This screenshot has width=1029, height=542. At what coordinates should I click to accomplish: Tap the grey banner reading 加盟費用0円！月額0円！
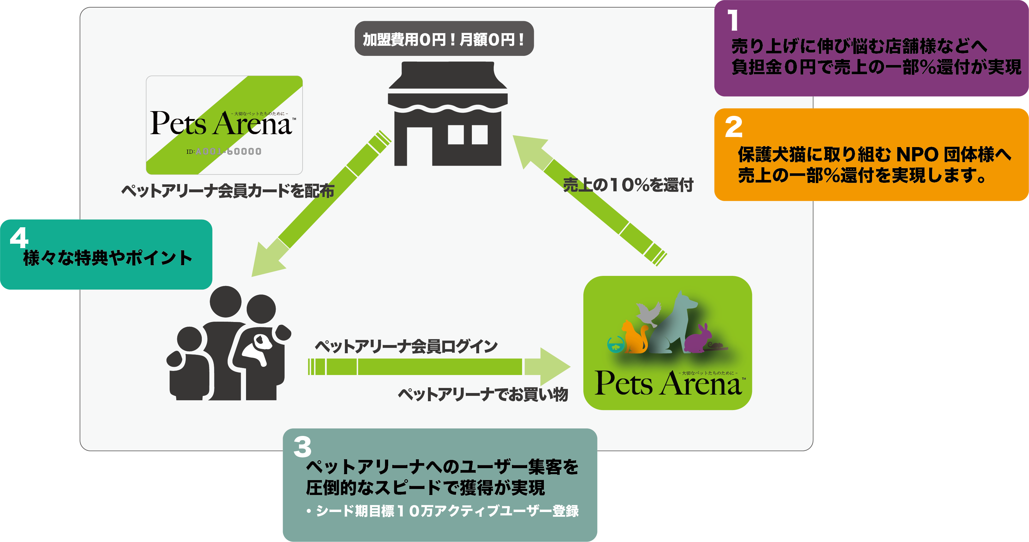click(x=444, y=39)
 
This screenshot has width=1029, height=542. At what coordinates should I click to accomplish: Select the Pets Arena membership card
click(x=224, y=125)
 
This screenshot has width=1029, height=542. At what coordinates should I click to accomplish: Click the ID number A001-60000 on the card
click(x=228, y=152)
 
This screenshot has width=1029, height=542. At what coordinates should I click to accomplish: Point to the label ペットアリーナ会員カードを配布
click(x=228, y=191)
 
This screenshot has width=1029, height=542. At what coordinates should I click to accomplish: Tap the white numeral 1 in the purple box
click(x=733, y=21)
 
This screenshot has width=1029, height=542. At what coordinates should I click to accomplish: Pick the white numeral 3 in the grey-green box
click(x=302, y=447)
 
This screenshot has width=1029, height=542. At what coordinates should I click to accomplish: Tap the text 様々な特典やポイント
click(x=108, y=258)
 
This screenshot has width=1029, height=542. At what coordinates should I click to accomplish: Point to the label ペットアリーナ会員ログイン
click(x=406, y=346)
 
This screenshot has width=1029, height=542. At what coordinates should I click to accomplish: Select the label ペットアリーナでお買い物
click(x=483, y=394)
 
